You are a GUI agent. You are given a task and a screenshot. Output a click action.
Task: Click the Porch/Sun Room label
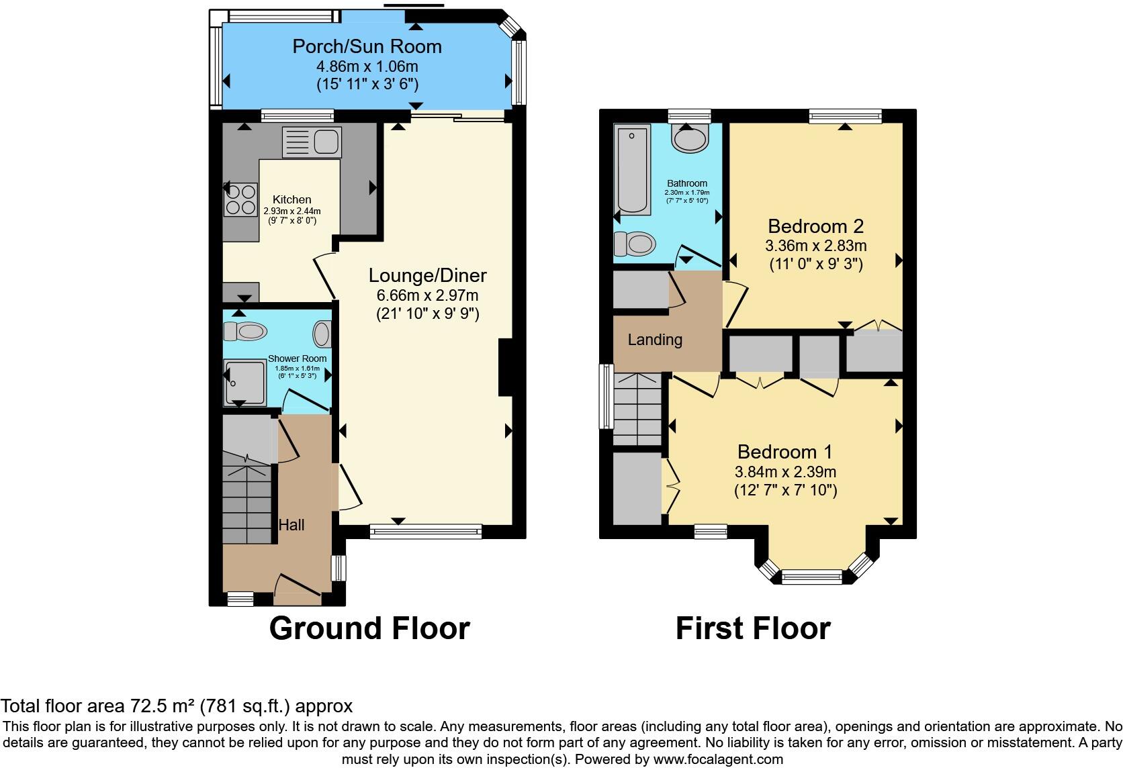(367, 46)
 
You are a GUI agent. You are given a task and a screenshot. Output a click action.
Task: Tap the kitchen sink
(312, 142)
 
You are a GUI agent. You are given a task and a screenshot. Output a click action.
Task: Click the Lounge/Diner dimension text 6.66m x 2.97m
(427, 295)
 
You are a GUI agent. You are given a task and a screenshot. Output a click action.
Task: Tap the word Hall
(291, 525)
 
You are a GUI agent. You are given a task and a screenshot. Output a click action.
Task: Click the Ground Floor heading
(369, 628)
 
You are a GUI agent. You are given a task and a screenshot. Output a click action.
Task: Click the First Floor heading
(753, 628)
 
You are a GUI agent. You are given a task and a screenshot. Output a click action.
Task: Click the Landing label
(655, 340)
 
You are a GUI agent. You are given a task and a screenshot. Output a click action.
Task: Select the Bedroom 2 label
(815, 226)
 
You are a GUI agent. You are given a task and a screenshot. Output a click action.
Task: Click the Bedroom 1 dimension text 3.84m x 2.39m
(785, 471)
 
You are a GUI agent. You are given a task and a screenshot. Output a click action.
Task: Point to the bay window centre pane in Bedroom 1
(811, 576)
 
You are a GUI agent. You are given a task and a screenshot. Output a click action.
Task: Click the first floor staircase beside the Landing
(639, 410)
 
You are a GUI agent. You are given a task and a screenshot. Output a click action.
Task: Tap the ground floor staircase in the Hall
(246, 497)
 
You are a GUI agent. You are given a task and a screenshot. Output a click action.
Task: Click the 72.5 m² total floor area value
(155, 706)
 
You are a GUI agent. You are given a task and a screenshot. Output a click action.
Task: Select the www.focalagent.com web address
(717, 759)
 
